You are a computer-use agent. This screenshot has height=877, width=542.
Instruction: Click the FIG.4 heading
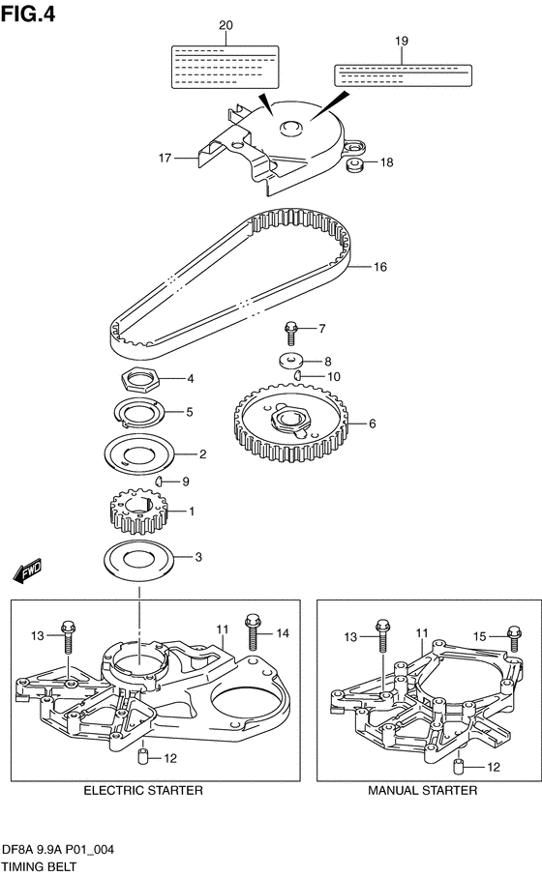(28, 13)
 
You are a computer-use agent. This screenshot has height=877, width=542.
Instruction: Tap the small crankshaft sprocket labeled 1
(136, 512)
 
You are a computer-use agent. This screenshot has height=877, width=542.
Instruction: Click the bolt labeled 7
(290, 333)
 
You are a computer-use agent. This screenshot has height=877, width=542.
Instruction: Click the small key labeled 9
(160, 481)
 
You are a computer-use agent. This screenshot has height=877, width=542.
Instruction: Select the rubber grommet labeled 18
(355, 165)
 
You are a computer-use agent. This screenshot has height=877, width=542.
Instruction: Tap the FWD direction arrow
(27, 571)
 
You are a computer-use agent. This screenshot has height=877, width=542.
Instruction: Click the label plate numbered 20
(225, 67)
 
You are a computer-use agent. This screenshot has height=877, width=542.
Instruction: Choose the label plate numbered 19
(403, 75)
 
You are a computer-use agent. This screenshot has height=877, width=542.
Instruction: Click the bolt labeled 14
(252, 630)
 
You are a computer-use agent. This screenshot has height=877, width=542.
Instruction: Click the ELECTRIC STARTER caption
(143, 790)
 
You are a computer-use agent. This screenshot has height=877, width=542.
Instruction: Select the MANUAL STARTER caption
(423, 790)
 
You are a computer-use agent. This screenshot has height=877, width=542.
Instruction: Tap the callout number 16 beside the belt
(380, 267)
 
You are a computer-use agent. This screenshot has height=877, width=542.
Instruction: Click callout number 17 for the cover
(165, 158)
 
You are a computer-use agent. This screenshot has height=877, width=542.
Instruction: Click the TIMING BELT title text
(39, 867)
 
